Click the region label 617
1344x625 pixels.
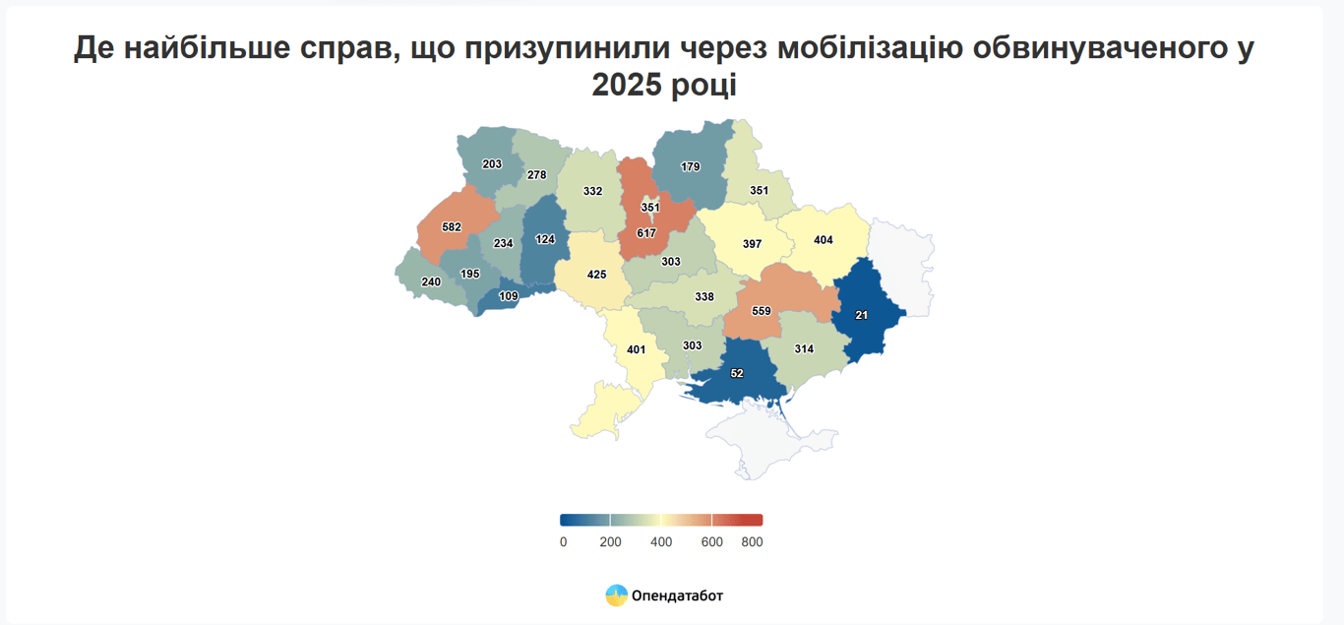pyautogui.click(x=646, y=233)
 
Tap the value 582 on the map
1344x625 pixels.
pyautogui.click(x=452, y=227)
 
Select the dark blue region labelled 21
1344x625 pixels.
pyautogui.click(x=862, y=315)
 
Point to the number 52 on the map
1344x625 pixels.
pyautogui.click(x=737, y=374)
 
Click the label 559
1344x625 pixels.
pyautogui.click(x=761, y=311)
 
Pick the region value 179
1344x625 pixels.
pyautogui.click(x=690, y=167)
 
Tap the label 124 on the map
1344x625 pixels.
pyautogui.click(x=545, y=239)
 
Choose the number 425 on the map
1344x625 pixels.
pyautogui.click(x=596, y=275)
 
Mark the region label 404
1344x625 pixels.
pyautogui.click(x=824, y=240)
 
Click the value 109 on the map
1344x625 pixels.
pyautogui.click(x=509, y=296)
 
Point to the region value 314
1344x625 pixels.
pyautogui.click(x=804, y=349)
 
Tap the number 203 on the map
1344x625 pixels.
pyautogui.click(x=492, y=164)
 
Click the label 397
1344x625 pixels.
pyautogui.click(x=754, y=243)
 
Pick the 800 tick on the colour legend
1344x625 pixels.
pyautogui.click(x=752, y=542)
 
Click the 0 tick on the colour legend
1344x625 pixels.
pyautogui.click(x=563, y=542)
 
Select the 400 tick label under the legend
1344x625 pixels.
pyautogui.click(x=661, y=542)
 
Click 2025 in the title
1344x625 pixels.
pyautogui.click(x=632, y=85)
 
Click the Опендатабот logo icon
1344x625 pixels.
pyautogui.click(x=616, y=595)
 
